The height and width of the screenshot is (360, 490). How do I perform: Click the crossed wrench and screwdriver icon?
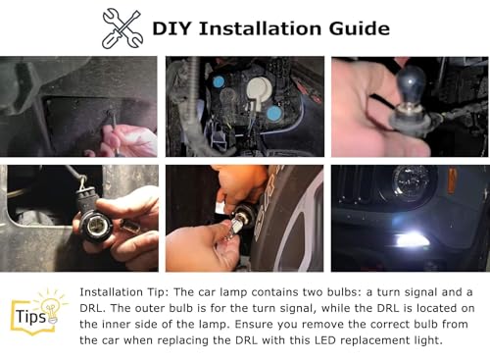[x=122, y=28]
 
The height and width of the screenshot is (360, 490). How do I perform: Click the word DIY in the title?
[x=171, y=28]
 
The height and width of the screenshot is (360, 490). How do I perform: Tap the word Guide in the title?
[x=360, y=28]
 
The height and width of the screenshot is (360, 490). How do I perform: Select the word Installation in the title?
[x=260, y=28]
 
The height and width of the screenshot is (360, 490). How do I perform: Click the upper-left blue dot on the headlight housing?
[x=219, y=81]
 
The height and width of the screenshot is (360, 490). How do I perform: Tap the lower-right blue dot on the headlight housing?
[x=274, y=114]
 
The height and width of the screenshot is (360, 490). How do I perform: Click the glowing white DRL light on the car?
[x=410, y=240]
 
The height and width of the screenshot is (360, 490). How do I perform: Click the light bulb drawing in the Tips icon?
[x=50, y=309]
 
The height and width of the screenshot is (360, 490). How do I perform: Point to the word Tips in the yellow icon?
[x=30, y=317]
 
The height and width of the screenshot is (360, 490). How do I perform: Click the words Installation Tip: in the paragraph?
[x=124, y=292]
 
